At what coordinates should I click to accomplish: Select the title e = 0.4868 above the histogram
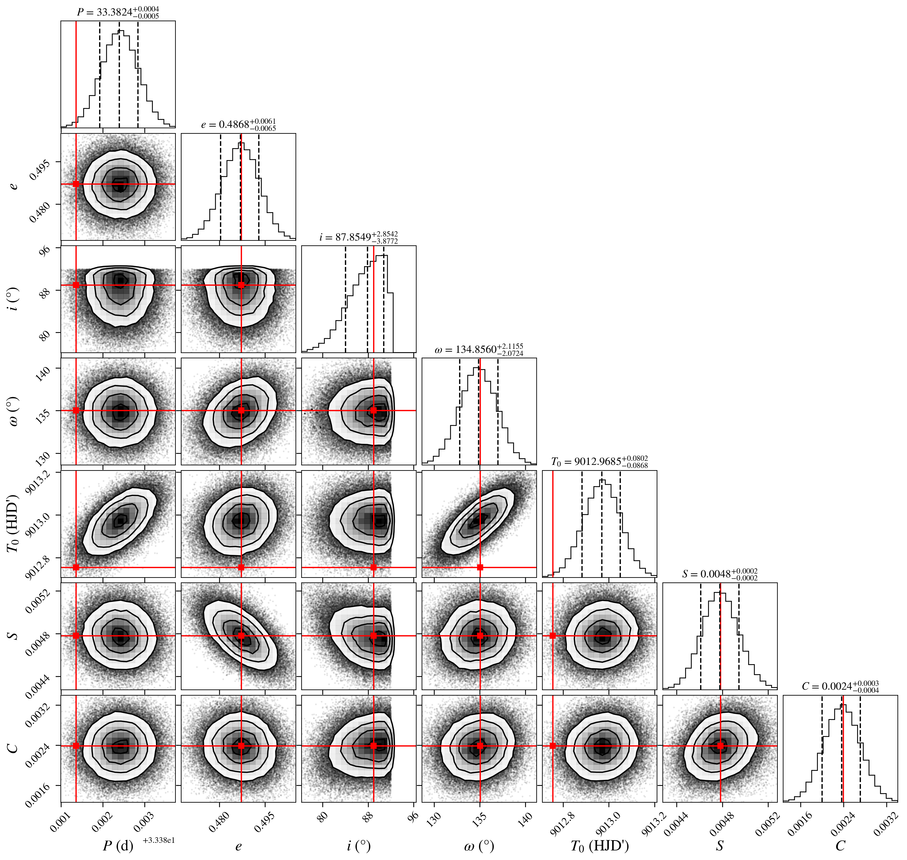click(x=238, y=125)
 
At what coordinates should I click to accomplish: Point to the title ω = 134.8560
click(x=479, y=350)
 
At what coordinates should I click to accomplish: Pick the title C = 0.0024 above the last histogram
click(x=840, y=687)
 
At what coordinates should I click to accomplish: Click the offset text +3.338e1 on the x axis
click(x=159, y=840)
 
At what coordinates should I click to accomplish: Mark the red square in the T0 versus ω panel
click(x=480, y=567)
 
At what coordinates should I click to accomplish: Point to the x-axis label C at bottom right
click(x=840, y=846)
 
